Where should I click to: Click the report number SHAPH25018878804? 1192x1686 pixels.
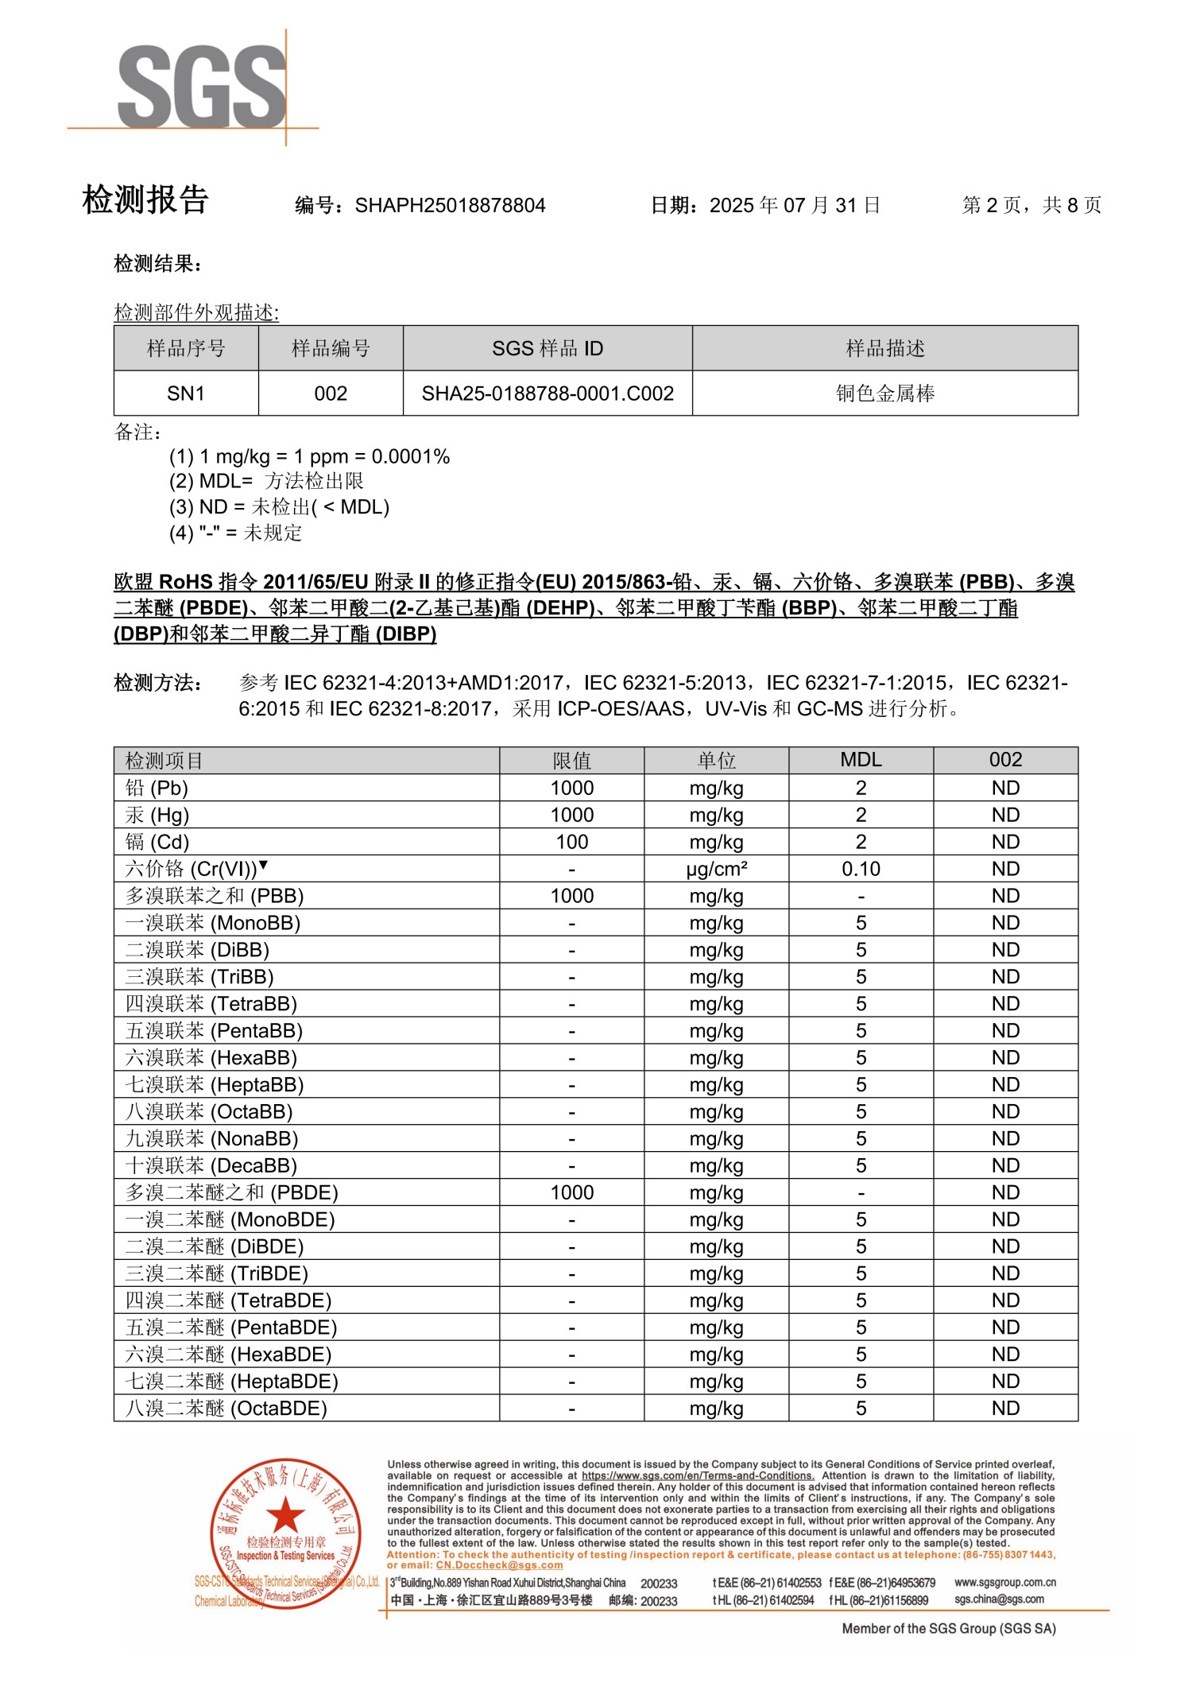(x=450, y=206)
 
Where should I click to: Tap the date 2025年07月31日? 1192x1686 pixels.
(x=794, y=206)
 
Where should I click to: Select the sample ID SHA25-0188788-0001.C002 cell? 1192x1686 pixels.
(x=548, y=393)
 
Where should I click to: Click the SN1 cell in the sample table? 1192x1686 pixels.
(x=186, y=393)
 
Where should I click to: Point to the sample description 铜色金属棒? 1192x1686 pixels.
(x=884, y=393)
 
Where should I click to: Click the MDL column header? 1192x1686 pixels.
(x=861, y=760)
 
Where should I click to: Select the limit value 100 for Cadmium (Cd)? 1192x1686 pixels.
(x=571, y=842)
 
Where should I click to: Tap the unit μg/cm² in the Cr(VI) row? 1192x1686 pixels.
(x=716, y=869)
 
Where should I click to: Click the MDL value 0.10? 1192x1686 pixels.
(x=861, y=869)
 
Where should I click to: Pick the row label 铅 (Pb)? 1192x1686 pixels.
(x=157, y=788)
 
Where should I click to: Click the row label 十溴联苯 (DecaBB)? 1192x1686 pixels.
(x=211, y=1165)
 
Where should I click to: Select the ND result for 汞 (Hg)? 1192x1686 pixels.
(x=1005, y=815)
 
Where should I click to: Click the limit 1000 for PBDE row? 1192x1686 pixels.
(x=571, y=1192)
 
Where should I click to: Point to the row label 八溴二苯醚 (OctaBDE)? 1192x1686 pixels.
(x=226, y=1409)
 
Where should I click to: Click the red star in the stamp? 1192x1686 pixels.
(x=284, y=1515)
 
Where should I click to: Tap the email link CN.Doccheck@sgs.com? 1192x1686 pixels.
(x=499, y=1565)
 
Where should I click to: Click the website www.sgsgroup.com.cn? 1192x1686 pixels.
(x=1005, y=1583)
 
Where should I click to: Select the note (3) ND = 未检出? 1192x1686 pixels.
(x=279, y=507)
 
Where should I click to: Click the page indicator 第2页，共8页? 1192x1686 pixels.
(x=1031, y=206)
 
